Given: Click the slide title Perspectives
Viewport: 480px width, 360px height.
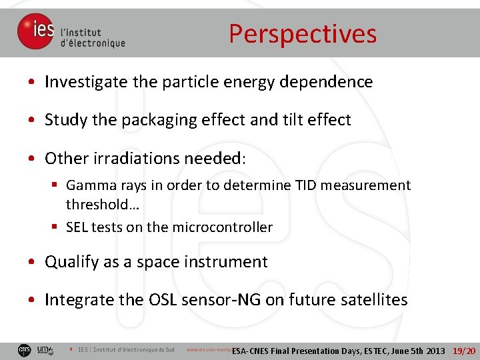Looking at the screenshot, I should click(x=303, y=34).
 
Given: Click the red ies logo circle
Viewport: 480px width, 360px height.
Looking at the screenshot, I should click(x=35, y=31).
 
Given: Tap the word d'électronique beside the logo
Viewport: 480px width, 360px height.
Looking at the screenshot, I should click(x=93, y=43).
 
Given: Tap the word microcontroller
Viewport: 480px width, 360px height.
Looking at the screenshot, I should click(x=222, y=227).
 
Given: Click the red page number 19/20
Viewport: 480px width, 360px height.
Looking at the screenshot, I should click(x=464, y=351).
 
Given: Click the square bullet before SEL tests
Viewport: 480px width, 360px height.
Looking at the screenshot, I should click(x=56, y=227).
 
